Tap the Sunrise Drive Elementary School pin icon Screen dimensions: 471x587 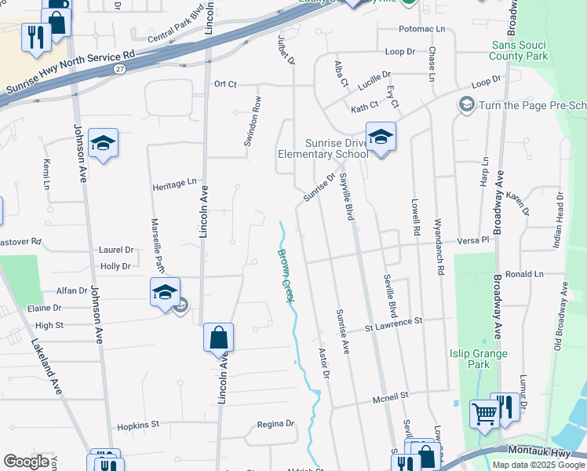click(381, 138)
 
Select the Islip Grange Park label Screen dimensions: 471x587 click(479, 359)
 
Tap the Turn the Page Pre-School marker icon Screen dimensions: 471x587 click(467, 104)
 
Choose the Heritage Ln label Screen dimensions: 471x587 click(174, 183)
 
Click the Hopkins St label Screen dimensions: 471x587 click(138, 425)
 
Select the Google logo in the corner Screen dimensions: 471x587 click(26, 462)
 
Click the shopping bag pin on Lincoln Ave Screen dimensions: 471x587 click(219, 338)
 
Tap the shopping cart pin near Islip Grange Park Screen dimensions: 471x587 click(484, 413)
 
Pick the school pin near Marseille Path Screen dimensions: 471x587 click(165, 293)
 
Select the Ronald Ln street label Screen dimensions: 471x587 click(524, 275)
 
